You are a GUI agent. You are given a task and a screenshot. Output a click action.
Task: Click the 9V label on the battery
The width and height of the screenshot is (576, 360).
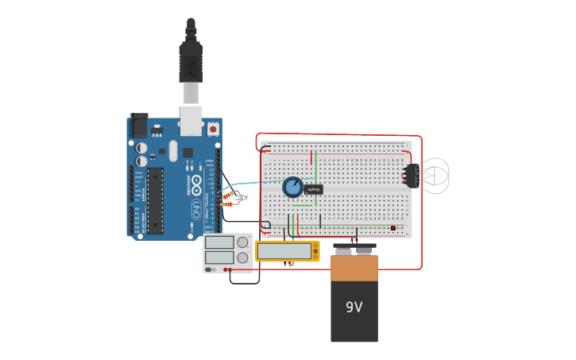coord(354,307)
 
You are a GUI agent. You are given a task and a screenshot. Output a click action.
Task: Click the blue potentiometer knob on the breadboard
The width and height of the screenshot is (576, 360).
coord(292,187)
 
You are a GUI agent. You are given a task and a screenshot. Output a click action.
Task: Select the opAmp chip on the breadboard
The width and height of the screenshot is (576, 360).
coord(314,189)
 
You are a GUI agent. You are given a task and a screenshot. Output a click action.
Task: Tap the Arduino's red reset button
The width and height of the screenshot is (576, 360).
coord(213,127)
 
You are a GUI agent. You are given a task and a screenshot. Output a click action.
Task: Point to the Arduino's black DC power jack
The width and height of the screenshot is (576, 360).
coord(140,126)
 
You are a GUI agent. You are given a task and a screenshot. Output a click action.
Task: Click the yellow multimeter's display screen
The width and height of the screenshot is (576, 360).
coord(284,251)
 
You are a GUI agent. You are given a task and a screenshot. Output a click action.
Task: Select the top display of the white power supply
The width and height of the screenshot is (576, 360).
coord(219,242)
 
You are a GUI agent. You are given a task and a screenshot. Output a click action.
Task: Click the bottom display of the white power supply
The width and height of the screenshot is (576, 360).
coord(219,257)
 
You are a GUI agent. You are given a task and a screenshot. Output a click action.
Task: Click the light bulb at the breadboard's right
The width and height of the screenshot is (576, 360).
coord(433,175)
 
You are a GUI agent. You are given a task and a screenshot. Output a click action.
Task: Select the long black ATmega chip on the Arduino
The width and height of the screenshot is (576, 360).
coord(155,200)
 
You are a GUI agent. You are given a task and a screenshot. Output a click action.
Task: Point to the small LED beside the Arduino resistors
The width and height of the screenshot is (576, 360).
coord(245,197)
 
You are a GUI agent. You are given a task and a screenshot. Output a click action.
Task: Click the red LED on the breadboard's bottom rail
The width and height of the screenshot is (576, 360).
coord(392,228)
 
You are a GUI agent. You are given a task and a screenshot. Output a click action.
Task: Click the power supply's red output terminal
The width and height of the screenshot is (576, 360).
coord(226,270)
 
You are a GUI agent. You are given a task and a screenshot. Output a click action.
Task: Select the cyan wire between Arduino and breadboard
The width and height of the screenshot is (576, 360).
coord(254,182)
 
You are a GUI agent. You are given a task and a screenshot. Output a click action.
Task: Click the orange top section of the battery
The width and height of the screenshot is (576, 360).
coord(354,268)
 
